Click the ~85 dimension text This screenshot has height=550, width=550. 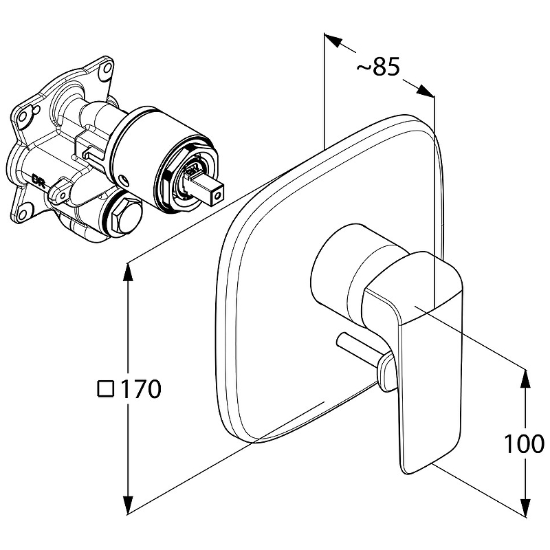pos(378,67)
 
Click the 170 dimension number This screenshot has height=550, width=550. pos(141,390)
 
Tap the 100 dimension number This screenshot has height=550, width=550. pos(525,445)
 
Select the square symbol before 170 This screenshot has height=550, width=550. pos(105,390)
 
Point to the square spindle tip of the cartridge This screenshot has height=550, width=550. pos(212,192)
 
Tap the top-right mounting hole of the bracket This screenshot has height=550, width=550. pos(106,69)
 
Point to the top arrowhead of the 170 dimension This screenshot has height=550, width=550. pos(127,272)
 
